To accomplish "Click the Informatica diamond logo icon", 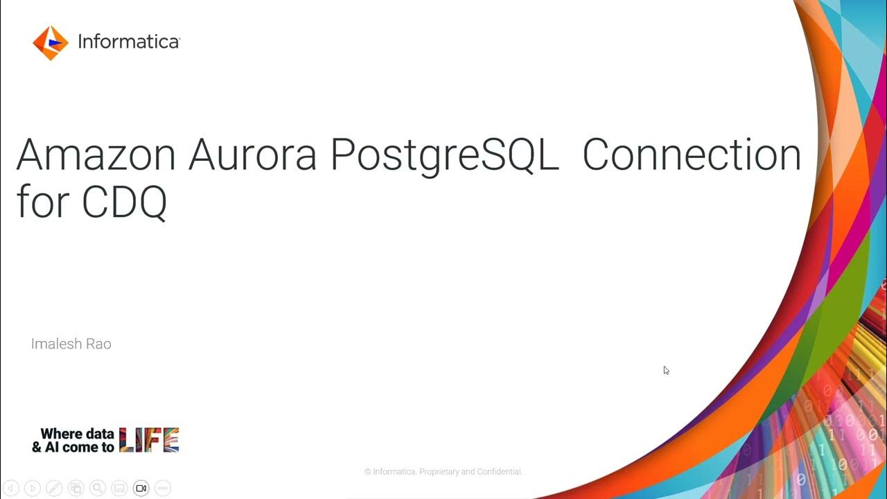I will click(51, 43).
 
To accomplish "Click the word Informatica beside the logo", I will click(128, 42).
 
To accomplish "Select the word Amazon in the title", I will click(96, 155).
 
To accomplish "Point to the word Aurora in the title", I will click(253, 155).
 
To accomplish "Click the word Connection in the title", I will click(691, 155).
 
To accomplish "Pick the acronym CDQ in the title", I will click(125, 203).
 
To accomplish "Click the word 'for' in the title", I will click(42, 202).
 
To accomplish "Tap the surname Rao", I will click(98, 344).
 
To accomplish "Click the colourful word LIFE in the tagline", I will click(149, 440).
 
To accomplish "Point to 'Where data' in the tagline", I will click(77, 435).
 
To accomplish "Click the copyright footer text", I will click(443, 472).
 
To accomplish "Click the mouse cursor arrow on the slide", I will click(666, 370).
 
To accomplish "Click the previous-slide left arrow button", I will click(10, 488).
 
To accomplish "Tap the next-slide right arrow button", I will click(33, 488).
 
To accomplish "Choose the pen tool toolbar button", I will click(54, 488).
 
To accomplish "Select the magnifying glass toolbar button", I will click(98, 488).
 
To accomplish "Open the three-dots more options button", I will click(163, 488).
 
